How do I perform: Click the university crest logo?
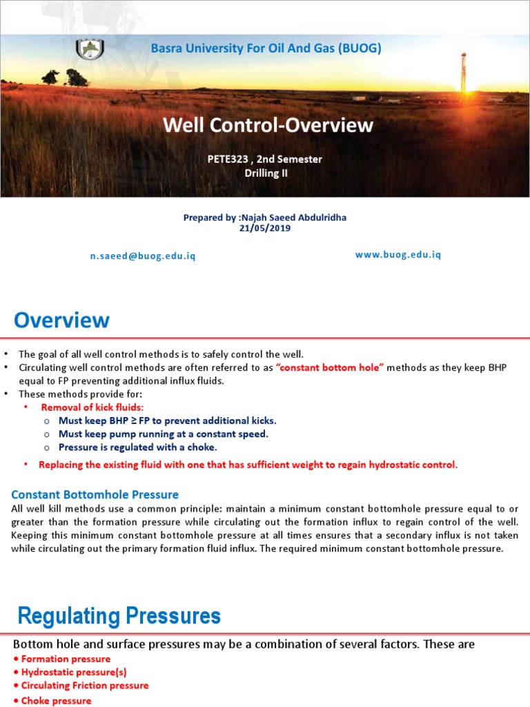(x=89, y=50)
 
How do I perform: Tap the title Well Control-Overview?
(x=268, y=125)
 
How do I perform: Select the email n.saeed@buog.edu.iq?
(x=143, y=256)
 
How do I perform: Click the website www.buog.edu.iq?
(x=397, y=255)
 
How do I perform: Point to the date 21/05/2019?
(x=265, y=229)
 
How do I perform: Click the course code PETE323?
(x=230, y=159)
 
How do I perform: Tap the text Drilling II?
(x=266, y=173)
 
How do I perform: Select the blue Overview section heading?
(x=62, y=320)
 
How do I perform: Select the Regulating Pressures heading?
(x=119, y=616)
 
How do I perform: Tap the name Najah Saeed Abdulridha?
(x=293, y=217)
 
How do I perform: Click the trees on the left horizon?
(x=66, y=78)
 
